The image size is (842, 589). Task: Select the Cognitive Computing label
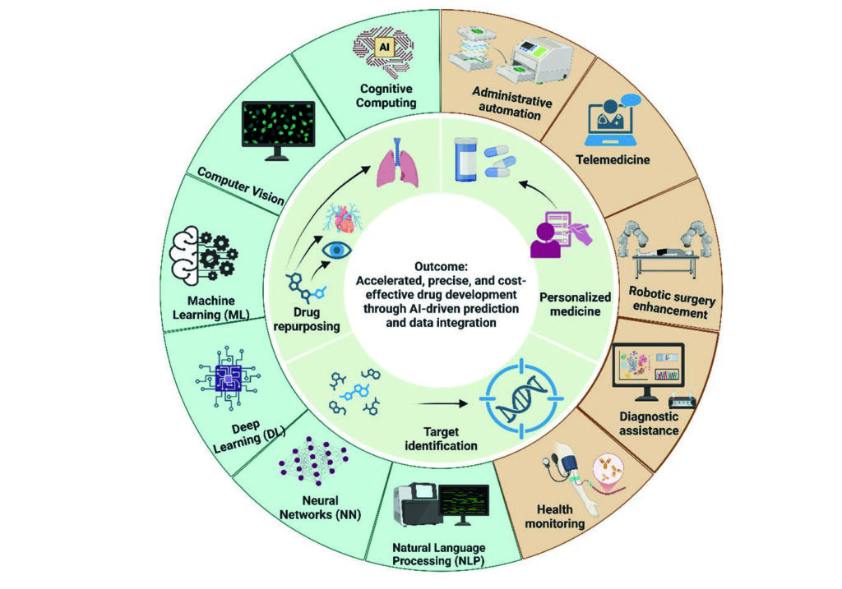386,95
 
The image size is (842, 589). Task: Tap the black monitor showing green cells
276,130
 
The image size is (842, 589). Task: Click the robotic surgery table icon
664,251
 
